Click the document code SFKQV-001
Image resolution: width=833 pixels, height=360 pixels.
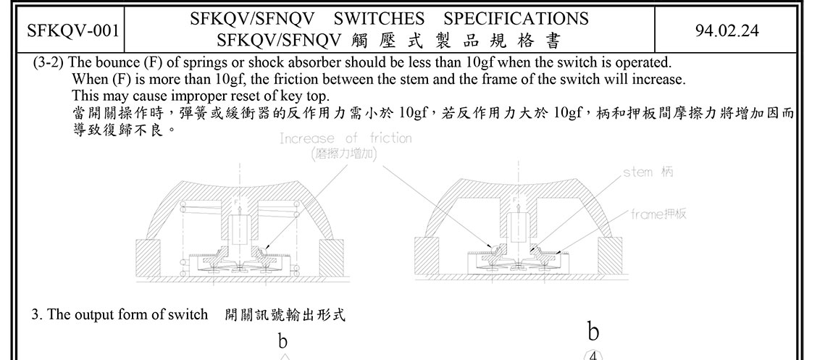tap(73, 30)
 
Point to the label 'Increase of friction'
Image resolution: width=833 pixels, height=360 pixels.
tap(346, 138)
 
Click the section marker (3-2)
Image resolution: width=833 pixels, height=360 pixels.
tap(50, 62)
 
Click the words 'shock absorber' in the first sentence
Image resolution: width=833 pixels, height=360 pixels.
tap(285, 62)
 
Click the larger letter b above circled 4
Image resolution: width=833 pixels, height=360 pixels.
tap(593, 332)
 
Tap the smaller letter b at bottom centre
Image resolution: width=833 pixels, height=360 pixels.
tap(283, 340)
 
